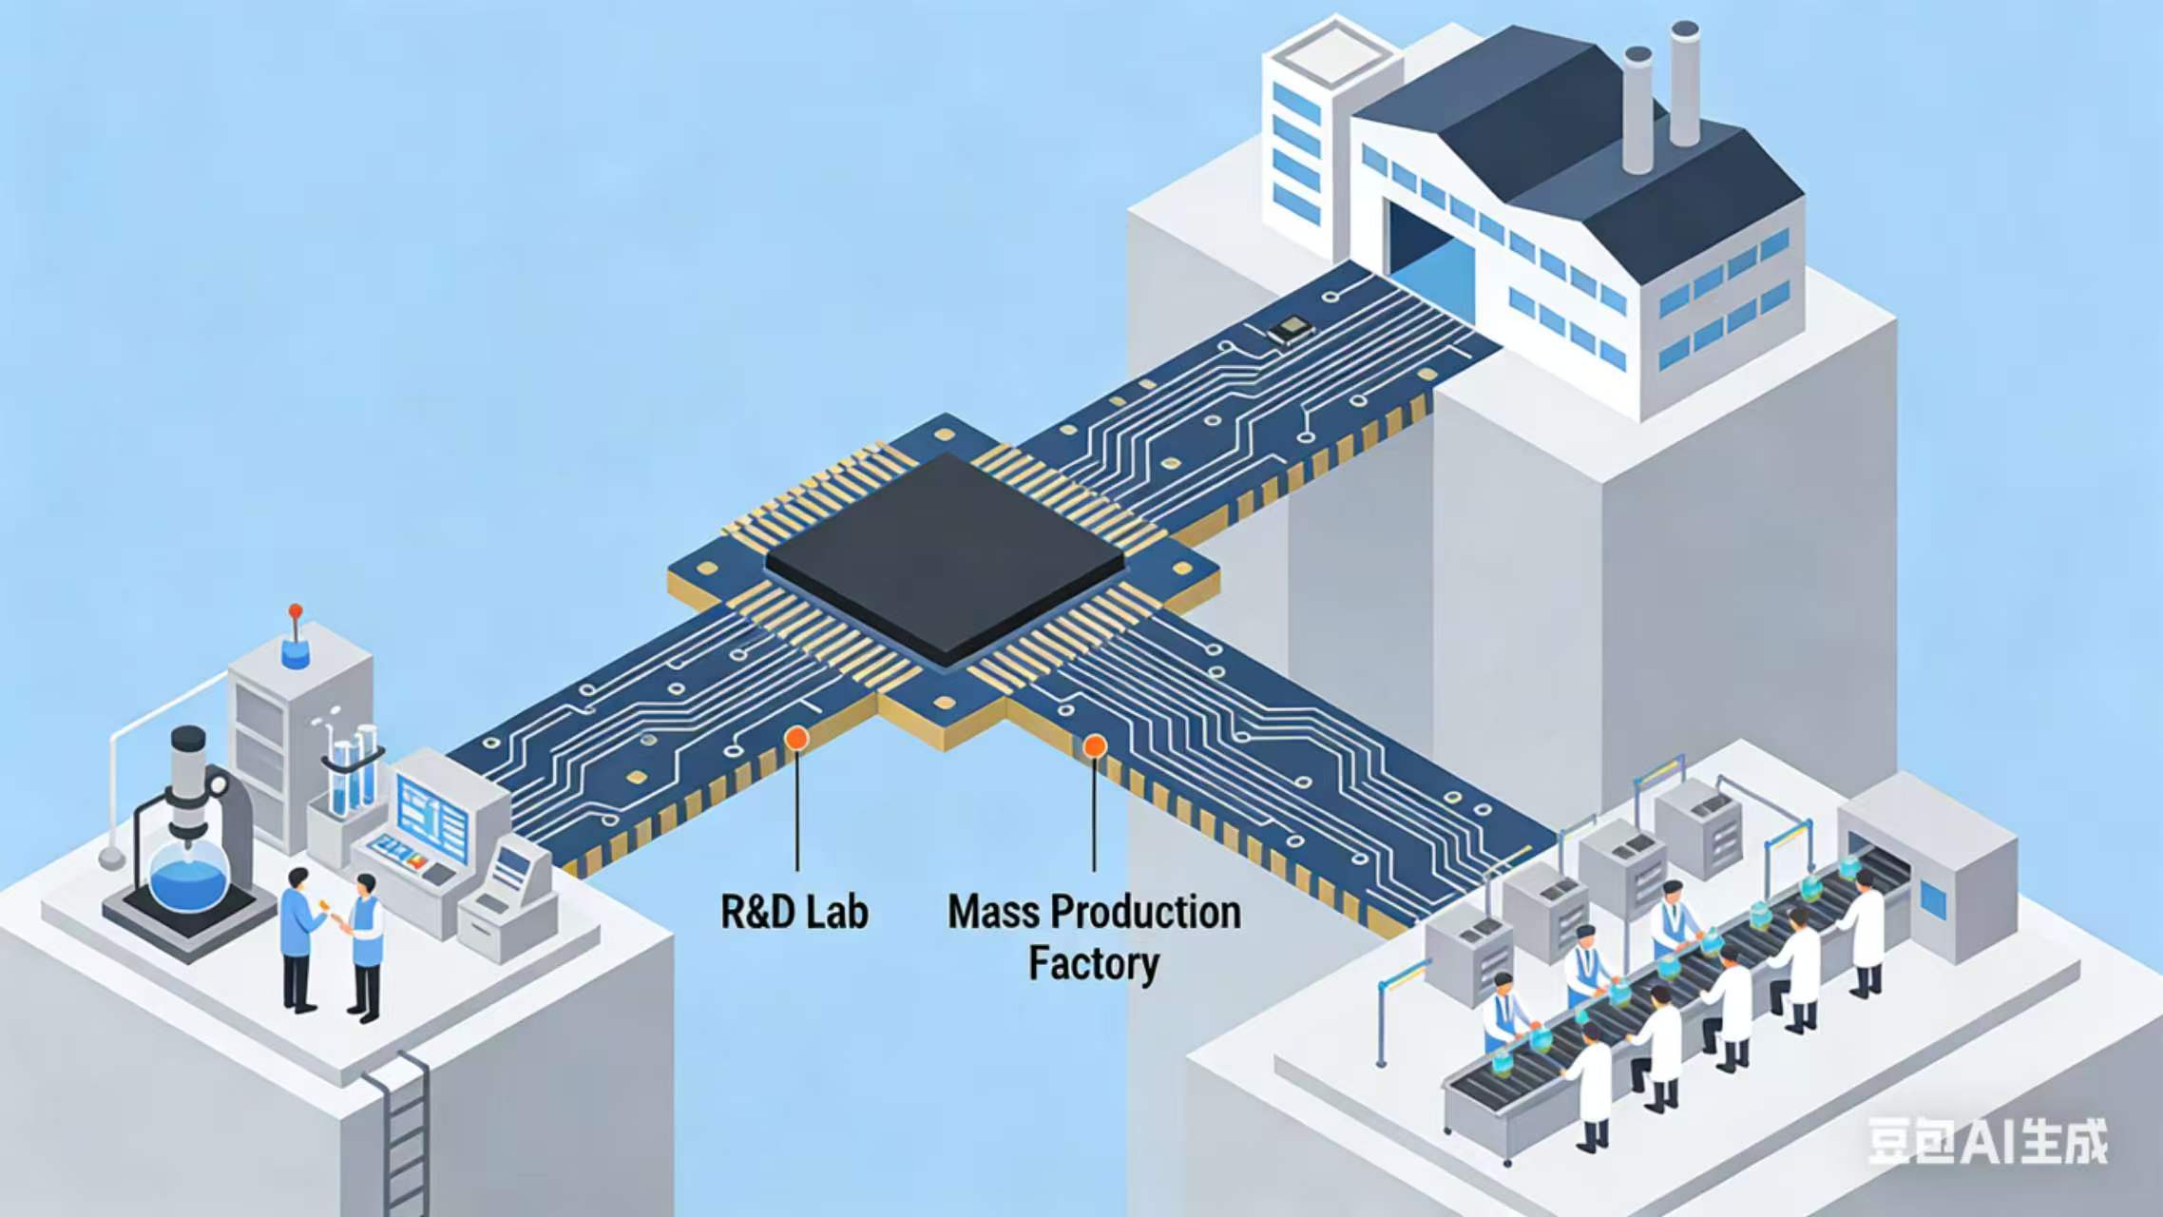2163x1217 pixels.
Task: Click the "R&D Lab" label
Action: coord(794,912)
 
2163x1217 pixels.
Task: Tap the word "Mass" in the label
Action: coord(988,912)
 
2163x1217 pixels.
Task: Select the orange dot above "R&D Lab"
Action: coord(796,738)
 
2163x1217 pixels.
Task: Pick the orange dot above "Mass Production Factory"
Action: coord(1095,746)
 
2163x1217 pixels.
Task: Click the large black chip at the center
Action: coord(945,555)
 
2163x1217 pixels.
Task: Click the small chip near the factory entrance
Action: coord(1291,330)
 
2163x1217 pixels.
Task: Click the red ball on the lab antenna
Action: coord(296,609)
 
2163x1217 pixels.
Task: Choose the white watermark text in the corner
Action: coord(1987,1141)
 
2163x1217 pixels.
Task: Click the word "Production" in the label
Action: coord(1145,912)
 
